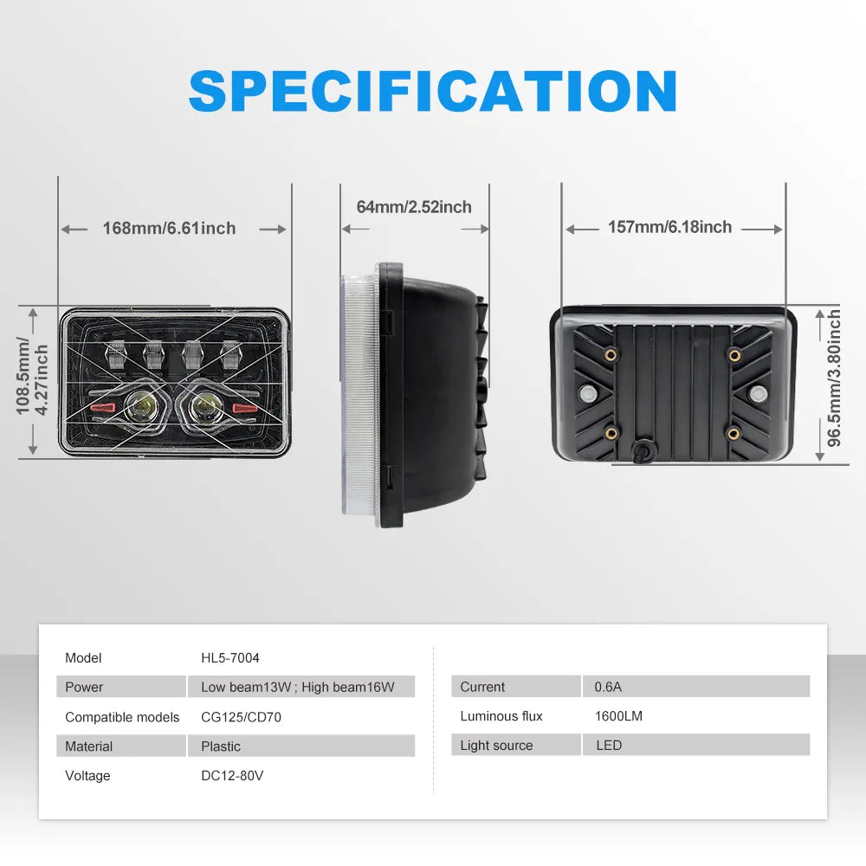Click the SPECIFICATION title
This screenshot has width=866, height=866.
432,91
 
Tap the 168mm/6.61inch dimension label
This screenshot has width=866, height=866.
169,228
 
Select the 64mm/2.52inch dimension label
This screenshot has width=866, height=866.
414,207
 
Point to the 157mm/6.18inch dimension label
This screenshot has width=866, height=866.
670,227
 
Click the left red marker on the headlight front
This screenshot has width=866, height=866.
103,408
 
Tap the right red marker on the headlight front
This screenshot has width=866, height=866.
245,408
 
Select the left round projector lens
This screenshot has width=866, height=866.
139,408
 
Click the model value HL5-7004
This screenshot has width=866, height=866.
230,658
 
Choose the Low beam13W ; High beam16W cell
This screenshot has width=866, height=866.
298,687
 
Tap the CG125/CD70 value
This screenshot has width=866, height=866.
242,717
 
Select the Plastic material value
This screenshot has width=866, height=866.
221,746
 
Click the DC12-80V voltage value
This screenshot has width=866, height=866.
232,775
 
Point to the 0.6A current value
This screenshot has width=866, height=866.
608,687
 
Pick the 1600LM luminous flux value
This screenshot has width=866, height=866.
618,716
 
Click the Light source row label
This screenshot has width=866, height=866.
496,746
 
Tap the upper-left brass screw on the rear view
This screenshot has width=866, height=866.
611,354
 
